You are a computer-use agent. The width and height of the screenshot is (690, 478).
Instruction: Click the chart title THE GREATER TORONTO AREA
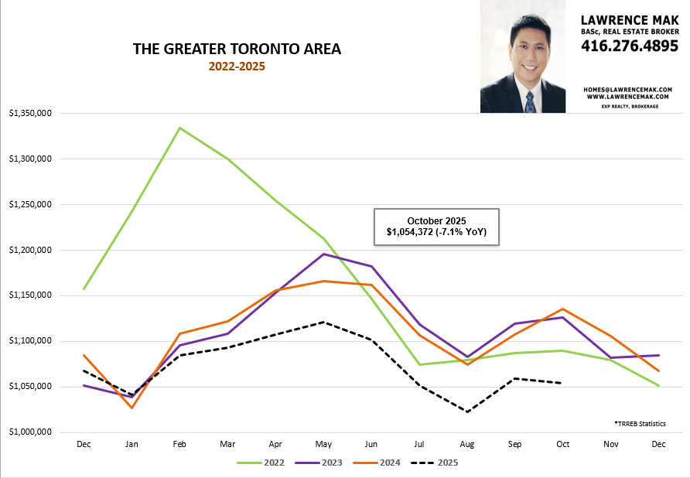point(237,49)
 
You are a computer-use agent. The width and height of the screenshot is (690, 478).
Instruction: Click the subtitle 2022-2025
point(237,67)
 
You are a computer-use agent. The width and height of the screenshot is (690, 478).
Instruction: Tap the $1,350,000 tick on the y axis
point(29,114)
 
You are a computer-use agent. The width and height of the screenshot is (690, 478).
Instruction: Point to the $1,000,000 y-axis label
point(29,432)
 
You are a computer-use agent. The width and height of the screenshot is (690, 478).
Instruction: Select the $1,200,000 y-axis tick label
point(29,250)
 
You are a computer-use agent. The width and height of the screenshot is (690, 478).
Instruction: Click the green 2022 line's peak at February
point(179,128)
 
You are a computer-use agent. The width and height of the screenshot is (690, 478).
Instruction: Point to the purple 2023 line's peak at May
point(323,254)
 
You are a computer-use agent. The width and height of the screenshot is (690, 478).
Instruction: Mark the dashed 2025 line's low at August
point(467,411)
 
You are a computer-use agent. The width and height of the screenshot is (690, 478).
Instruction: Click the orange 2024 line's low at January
point(132,408)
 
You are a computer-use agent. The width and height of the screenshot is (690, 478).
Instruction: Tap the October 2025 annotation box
point(437,226)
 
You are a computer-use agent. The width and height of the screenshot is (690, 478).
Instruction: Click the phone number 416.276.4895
point(630,46)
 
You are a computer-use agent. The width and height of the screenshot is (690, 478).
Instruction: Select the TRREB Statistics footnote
point(640,423)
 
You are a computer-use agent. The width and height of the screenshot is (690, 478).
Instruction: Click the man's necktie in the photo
point(530,101)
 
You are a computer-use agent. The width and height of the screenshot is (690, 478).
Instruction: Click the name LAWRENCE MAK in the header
point(630,19)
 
